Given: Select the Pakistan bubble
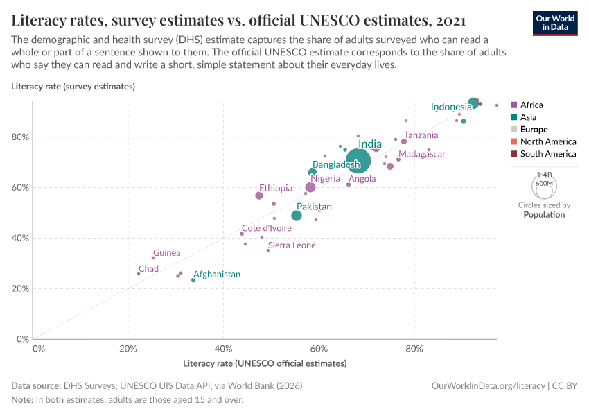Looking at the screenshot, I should (x=297, y=216).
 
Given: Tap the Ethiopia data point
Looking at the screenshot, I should (x=259, y=196).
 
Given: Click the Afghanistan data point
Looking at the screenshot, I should (x=193, y=280).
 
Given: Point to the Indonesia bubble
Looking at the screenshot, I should (x=473, y=103).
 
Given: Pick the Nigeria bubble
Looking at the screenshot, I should (x=310, y=187).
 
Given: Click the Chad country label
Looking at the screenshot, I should (x=148, y=269).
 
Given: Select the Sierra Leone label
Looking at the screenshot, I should (x=292, y=245).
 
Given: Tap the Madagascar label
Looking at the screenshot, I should (x=422, y=154).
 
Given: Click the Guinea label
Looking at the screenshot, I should (x=167, y=253).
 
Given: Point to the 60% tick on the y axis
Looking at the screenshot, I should (x=20, y=187).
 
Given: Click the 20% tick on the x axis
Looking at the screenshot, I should (x=128, y=347).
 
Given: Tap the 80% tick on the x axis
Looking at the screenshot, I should (x=414, y=347).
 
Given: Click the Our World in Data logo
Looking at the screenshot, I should (x=555, y=23).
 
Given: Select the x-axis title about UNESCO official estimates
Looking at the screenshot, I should (x=265, y=363).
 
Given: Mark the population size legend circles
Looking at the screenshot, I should (x=544, y=186).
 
